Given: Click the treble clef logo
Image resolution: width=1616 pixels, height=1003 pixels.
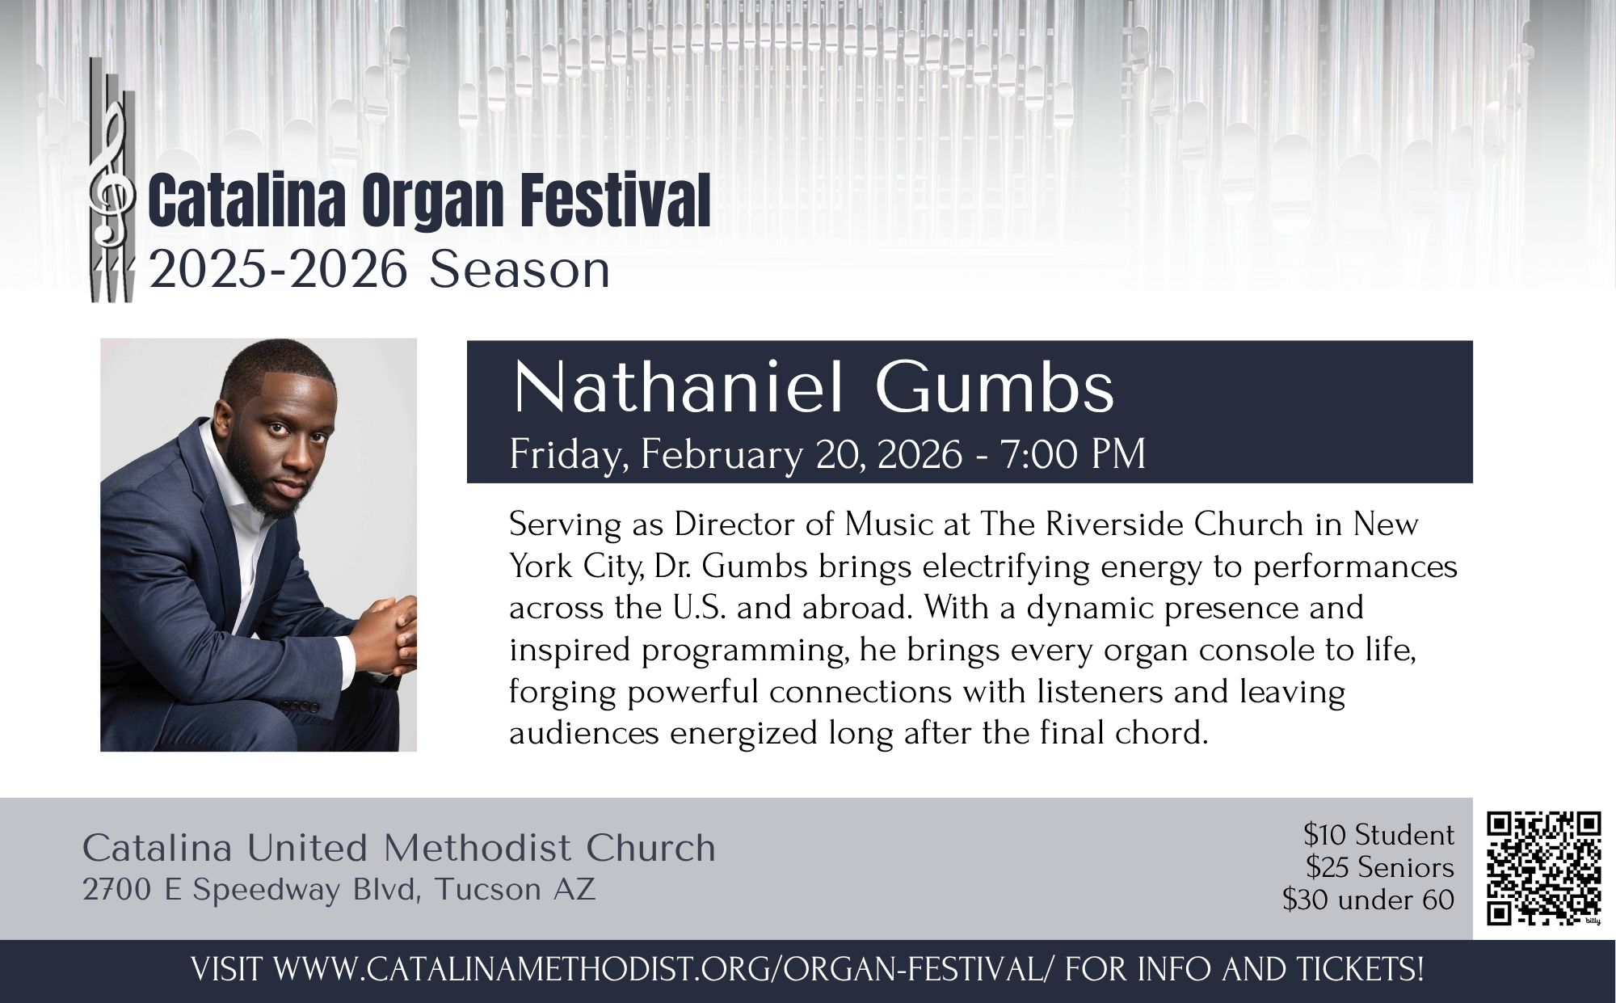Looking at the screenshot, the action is (x=110, y=179).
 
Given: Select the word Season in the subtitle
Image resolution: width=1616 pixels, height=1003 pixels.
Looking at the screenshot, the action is (x=520, y=270).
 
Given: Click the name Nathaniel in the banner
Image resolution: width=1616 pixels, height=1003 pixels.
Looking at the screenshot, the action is (x=679, y=387).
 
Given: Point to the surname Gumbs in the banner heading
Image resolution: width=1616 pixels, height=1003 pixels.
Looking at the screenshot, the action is (x=995, y=387).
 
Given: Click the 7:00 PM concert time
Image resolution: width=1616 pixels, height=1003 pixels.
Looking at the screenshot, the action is (x=1073, y=454).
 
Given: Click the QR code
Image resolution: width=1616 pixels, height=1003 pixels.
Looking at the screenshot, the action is (x=1544, y=869).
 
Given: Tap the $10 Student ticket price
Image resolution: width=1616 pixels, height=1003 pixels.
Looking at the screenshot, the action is (x=1378, y=834).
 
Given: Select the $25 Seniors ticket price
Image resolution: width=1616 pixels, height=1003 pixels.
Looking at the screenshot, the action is (x=1380, y=867).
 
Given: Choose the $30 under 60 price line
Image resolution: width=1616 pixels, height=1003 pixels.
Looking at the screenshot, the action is (x=1369, y=900).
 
